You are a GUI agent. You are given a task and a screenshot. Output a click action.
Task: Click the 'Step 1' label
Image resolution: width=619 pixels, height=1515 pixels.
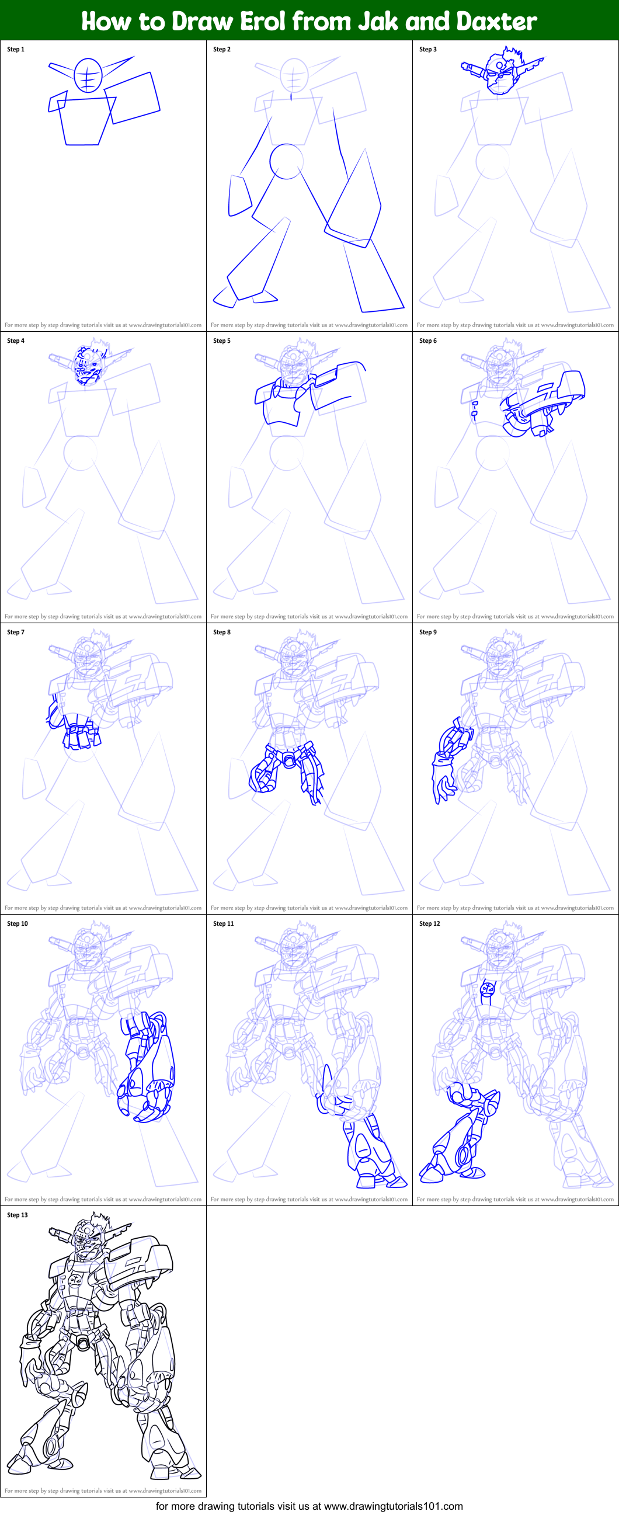click(16, 50)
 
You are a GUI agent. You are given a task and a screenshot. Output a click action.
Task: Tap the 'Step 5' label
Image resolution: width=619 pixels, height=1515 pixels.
click(222, 340)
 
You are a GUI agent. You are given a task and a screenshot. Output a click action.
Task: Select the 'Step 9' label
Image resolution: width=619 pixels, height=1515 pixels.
click(428, 633)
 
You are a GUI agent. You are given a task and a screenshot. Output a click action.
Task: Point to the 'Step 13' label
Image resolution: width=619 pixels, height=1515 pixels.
click(17, 1215)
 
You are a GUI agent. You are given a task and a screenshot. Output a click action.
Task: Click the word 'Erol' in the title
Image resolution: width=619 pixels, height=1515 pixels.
click(263, 21)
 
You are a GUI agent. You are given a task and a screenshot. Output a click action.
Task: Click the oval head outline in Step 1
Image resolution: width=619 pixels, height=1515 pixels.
click(88, 75)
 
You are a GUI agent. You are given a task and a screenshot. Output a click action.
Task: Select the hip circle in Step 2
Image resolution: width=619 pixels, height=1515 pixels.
click(286, 161)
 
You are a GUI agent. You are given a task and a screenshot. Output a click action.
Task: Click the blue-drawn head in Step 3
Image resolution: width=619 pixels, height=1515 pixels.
click(500, 74)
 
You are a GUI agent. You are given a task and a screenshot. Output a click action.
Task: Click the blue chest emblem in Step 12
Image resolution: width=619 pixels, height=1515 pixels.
click(488, 990)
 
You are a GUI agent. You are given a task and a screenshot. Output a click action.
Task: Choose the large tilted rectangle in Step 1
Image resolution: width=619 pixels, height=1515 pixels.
click(134, 98)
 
